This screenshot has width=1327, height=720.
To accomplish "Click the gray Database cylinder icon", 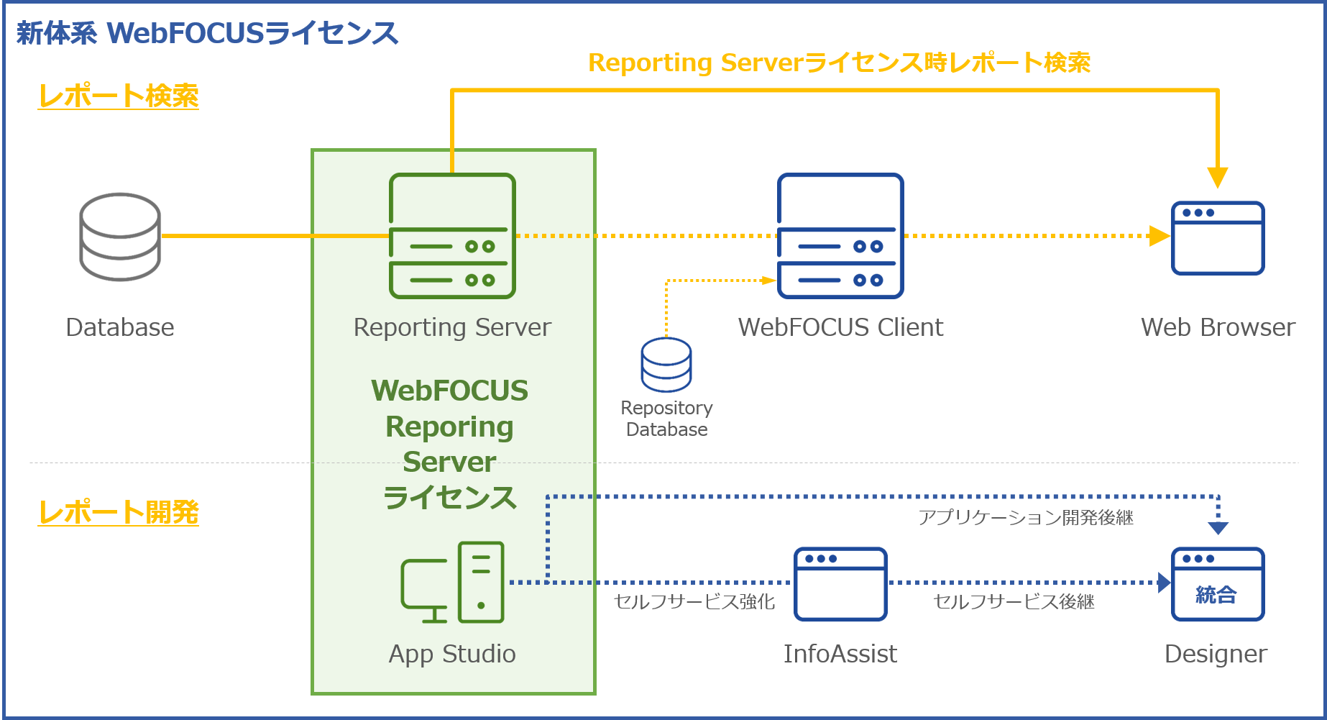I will click(120, 237).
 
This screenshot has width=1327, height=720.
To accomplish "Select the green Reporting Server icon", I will click(452, 236).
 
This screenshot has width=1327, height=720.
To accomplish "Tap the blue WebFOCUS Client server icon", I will click(840, 236).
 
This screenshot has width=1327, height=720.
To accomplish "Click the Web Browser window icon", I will click(1218, 238).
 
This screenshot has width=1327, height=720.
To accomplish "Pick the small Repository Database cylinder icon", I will click(666, 365).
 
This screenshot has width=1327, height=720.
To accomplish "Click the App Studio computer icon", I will click(452, 583).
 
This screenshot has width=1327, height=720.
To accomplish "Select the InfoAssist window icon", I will click(840, 584).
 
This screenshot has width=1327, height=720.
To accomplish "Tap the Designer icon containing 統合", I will click(1218, 584).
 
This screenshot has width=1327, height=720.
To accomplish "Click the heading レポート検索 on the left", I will click(119, 96).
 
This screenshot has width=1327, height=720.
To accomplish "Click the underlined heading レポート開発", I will click(119, 512).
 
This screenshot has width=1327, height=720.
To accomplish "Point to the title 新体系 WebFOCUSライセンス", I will click(207, 33).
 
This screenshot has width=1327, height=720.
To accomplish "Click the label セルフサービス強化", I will click(694, 601).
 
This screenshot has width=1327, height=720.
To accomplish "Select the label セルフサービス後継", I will click(1014, 601).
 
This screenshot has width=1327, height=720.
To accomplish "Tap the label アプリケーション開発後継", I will click(1026, 518).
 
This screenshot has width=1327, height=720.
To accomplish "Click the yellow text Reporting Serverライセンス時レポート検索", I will click(839, 63).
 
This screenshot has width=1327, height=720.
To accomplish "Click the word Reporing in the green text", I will click(449, 427).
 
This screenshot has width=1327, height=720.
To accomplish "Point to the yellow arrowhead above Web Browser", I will click(1218, 177).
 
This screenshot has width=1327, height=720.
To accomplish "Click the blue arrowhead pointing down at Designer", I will click(1218, 528).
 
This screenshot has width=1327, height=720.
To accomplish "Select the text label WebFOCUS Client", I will click(840, 327).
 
